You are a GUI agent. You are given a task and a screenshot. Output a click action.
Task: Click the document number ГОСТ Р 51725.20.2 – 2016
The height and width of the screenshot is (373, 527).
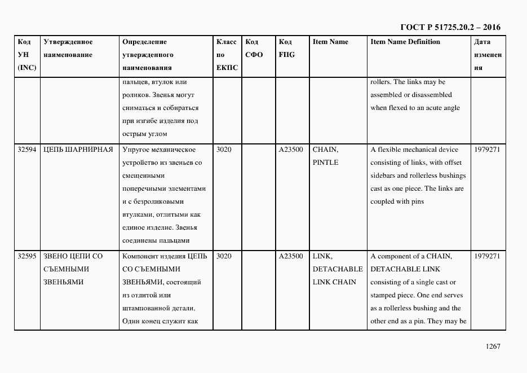[450, 27]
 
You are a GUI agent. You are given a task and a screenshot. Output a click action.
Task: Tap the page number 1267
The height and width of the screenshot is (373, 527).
[491, 346]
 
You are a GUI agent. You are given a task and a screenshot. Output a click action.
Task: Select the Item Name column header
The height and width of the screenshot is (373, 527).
[330, 42]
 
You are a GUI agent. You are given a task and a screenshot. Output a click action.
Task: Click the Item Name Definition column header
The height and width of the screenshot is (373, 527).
[405, 42]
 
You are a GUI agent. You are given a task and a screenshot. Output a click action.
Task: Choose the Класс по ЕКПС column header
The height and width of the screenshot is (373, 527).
[227, 55]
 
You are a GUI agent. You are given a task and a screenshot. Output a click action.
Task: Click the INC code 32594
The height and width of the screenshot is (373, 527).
[27, 150]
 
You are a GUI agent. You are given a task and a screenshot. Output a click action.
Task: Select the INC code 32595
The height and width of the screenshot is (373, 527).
[27, 256]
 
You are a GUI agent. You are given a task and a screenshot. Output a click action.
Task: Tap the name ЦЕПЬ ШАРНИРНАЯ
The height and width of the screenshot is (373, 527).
[78, 150]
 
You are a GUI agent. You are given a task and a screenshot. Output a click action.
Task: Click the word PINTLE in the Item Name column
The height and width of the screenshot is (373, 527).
[325, 163]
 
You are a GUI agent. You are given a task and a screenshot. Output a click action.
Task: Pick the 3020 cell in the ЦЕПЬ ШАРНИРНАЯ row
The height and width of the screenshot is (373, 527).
[224, 150]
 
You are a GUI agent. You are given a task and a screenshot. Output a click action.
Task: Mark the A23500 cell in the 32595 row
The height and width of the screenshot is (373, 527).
[291, 256]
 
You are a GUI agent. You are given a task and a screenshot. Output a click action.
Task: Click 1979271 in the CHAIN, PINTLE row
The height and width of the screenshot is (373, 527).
[487, 150]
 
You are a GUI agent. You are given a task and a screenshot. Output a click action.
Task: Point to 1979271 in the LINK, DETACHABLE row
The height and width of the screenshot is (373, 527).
[487, 256]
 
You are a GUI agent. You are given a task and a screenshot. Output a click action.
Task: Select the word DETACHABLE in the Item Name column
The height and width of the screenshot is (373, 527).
[338, 269]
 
